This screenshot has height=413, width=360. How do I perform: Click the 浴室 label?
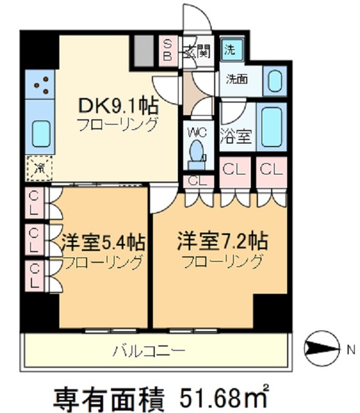[x=236, y=137]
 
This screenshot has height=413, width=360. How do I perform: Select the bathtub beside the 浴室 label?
[x=271, y=125]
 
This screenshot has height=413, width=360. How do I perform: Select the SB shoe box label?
[x=167, y=50]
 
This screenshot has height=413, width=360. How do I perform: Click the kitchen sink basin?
[x=43, y=133]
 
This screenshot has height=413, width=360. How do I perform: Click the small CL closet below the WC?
[x=197, y=181]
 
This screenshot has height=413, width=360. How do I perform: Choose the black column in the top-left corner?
[x=39, y=48]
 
